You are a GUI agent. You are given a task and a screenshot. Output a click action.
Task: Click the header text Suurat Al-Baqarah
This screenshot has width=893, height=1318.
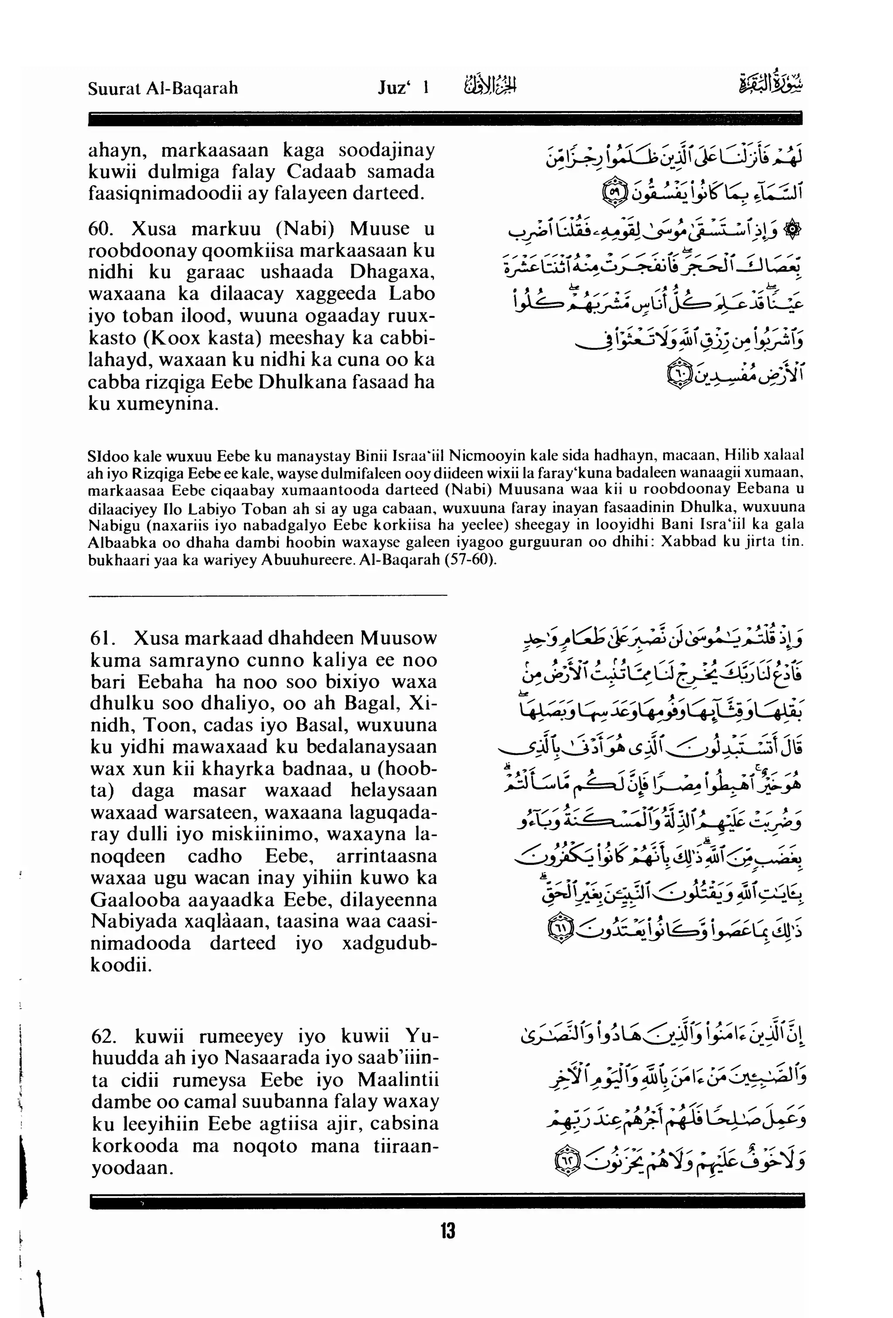[163, 89]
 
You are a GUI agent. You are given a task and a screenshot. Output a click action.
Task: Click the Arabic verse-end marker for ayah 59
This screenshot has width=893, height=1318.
[614, 194]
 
